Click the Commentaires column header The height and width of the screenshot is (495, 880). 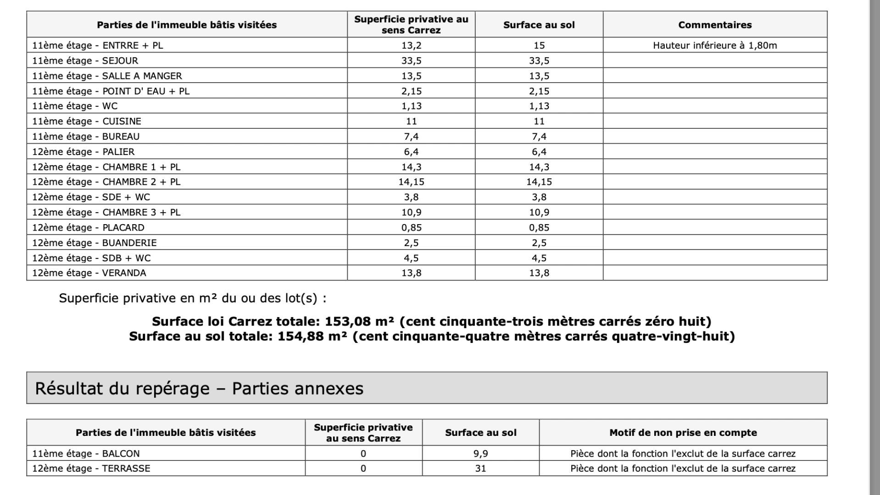(714, 25)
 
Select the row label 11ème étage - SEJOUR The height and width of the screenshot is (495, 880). (85, 60)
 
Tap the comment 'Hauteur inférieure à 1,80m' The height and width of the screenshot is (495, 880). (714, 45)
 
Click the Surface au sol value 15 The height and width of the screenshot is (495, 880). (539, 45)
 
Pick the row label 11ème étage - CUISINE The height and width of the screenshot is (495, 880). (87, 121)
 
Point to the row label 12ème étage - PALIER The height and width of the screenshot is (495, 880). (84, 152)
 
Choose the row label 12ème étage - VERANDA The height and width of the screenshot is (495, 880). (89, 273)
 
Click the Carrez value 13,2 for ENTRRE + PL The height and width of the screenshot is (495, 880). (411, 45)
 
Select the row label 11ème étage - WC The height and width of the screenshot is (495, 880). (75, 106)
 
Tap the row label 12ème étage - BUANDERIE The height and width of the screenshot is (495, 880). (95, 243)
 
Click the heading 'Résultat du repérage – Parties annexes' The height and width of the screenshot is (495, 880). (199, 389)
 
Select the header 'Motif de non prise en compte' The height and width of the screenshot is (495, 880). (683, 433)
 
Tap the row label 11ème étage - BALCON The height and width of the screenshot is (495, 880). (86, 454)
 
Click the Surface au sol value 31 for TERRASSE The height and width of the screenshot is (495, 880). (480, 468)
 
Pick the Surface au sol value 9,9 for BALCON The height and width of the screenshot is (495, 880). (480, 454)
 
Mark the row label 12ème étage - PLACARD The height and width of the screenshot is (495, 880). (88, 228)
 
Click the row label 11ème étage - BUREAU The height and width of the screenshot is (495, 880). (86, 137)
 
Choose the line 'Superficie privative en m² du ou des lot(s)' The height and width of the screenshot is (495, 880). (193, 298)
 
